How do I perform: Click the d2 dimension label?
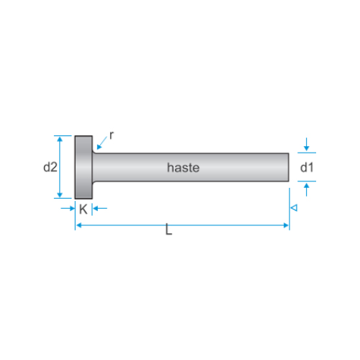[x=50, y=167]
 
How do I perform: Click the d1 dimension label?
[x=307, y=167]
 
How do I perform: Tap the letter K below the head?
[x=84, y=210]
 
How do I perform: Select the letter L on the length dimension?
[x=169, y=229]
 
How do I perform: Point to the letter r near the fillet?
[x=112, y=135]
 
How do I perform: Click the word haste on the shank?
[x=183, y=168]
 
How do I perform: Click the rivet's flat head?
[x=84, y=167]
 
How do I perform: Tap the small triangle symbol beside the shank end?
[x=294, y=207]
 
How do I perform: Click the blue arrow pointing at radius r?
[x=102, y=143]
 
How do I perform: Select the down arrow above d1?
[x=306, y=144]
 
